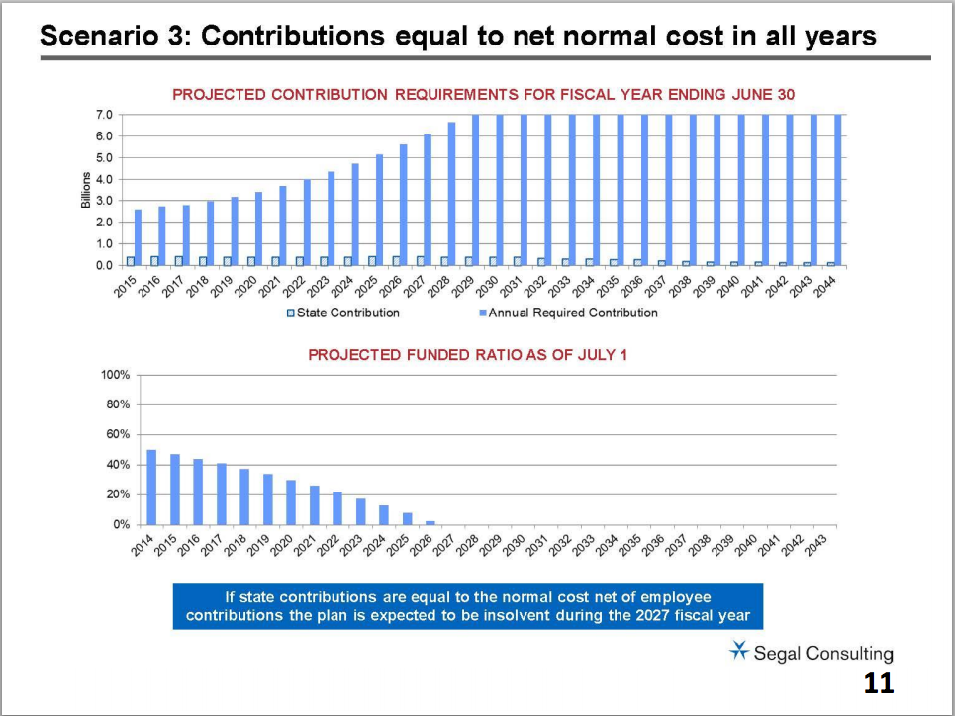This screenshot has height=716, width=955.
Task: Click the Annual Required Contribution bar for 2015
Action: tap(139, 237)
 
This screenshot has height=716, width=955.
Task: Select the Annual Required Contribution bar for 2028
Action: tap(451, 194)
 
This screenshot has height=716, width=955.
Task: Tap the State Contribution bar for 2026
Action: tap(396, 261)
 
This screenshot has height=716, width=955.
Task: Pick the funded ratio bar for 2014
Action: tap(151, 488)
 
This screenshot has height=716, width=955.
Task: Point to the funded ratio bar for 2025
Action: tap(407, 518)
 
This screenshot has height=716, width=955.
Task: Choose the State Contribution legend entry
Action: tap(342, 313)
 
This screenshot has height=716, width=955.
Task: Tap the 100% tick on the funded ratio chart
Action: tap(116, 376)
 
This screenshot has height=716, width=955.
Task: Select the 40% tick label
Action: tap(119, 465)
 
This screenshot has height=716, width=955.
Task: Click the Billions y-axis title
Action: tap(86, 190)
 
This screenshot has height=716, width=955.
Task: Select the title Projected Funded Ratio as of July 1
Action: tap(468, 354)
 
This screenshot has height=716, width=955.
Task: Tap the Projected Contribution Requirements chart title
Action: tap(484, 94)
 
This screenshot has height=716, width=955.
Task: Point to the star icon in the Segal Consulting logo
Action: tap(738, 650)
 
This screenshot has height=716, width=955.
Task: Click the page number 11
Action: tap(878, 682)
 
